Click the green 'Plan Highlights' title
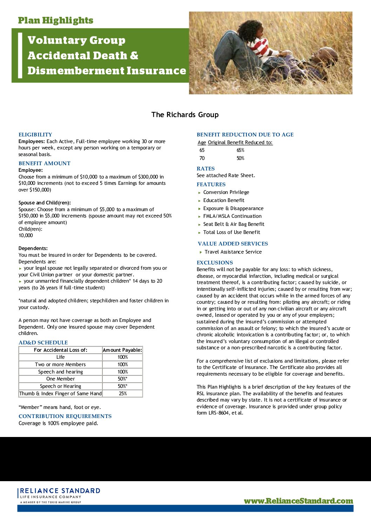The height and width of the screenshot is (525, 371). (55, 20)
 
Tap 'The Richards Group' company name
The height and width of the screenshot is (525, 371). (185, 115)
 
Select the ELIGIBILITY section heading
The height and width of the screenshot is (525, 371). (35, 135)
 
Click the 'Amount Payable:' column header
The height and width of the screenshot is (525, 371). (122, 350)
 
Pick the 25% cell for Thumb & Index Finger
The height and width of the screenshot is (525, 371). (122, 393)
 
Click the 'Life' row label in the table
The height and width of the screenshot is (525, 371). (60, 357)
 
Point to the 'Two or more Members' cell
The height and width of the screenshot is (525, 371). (60, 364)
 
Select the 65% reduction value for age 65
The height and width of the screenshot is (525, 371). (240, 150)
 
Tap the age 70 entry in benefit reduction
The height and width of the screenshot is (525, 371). (202, 158)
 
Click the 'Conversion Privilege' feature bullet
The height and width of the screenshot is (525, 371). (226, 192)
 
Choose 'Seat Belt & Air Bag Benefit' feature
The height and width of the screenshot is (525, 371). (234, 224)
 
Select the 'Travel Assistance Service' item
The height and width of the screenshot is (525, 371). (233, 252)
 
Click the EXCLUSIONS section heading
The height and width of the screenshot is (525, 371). (215, 263)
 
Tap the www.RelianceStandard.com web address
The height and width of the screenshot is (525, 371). (298, 501)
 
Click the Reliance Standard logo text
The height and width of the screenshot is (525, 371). (60, 491)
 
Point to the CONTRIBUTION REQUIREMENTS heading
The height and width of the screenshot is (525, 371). (65, 416)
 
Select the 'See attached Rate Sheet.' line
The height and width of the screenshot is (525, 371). (226, 175)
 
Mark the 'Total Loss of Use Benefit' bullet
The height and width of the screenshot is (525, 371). (231, 232)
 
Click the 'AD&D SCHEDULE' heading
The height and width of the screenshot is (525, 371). (43, 343)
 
